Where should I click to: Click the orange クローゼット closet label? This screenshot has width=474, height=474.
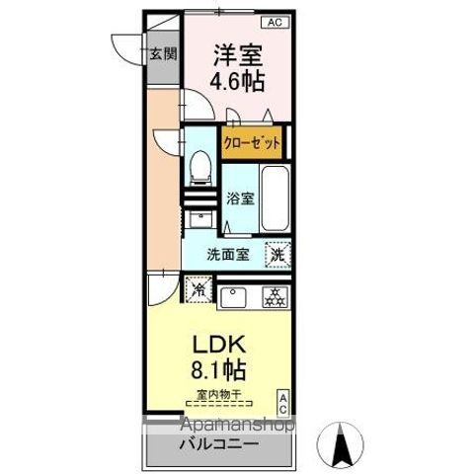point(252,142)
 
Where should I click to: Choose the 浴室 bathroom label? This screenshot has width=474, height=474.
point(240,197)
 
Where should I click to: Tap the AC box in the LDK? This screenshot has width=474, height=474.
point(281,401)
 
